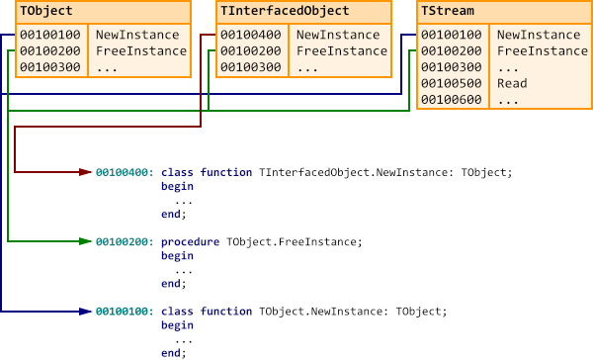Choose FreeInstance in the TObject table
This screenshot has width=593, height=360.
(x=140, y=51)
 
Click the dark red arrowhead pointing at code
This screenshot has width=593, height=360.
(x=86, y=172)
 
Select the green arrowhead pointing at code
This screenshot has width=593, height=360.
(x=86, y=241)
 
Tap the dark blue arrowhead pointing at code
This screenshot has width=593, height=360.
(x=86, y=311)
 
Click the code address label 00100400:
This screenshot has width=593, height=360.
(x=125, y=172)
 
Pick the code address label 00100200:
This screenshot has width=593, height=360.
(x=125, y=241)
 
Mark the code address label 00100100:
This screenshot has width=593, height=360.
(x=125, y=311)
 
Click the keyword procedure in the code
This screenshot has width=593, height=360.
(x=191, y=241)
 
